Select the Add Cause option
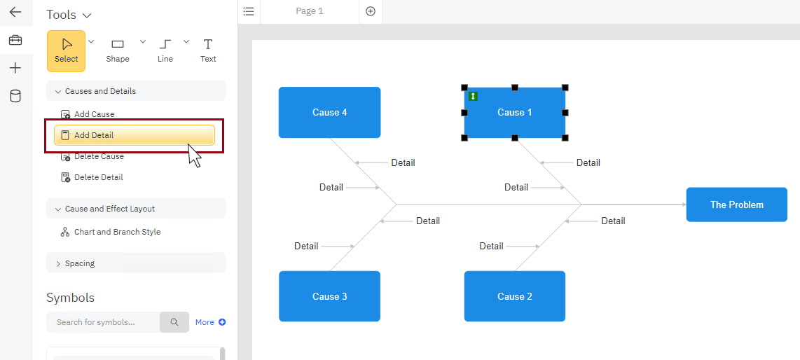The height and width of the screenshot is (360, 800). click(94, 114)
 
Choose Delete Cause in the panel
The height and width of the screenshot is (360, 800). click(99, 156)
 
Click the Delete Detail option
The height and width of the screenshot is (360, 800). click(98, 177)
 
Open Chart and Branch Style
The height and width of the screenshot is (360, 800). click(117, 232)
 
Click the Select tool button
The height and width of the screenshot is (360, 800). click(67, 50)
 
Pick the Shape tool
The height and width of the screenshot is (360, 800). click(118, 50)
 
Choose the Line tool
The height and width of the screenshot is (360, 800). click(165, 50)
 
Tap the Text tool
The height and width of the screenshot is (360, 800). click(208, 50)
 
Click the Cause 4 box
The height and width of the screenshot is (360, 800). click(329, 112)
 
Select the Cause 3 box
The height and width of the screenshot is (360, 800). click(329, 296)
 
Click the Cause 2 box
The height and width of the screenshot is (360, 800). click(514, 296)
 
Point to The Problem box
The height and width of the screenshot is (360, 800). click(736, 205)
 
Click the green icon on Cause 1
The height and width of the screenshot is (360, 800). click(473, 96)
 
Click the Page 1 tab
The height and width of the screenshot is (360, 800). click(309, 11)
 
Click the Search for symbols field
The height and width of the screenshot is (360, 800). click(102, 322)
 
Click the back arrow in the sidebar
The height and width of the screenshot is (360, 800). click(15, 12)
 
